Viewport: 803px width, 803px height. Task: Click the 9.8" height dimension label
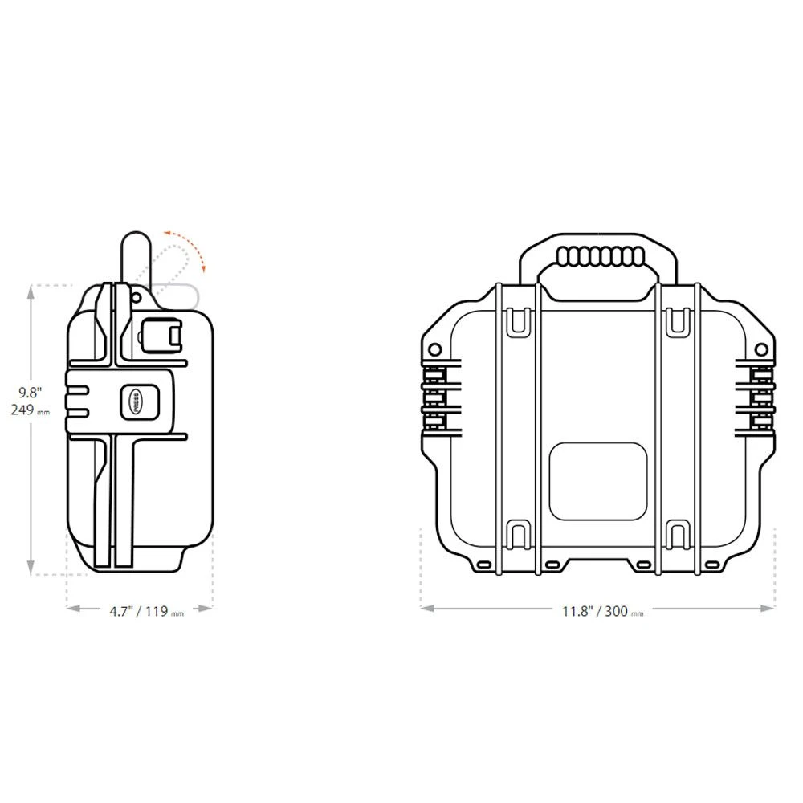click(x=31, y=393)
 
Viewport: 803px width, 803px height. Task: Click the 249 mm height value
click(x=32, y=410)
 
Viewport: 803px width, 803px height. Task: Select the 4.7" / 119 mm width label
click(x=147, y=611)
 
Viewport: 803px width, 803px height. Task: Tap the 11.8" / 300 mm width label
click(x=602, y=611)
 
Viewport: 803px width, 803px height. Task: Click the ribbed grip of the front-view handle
click(x=601, y=257)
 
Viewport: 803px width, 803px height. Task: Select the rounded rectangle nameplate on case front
click(x=597, y=479)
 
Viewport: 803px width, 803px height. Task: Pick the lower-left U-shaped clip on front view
click(x=519, y=534)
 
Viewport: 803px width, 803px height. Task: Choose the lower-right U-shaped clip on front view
click(x=679, y=534)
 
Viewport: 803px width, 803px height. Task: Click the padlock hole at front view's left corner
click(x=435, y=349)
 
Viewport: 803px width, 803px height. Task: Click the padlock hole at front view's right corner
click(x=762, y=349)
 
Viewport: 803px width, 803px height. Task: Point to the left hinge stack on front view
click(x=438, y=396)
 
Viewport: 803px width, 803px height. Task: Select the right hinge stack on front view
click(x=759, y=396)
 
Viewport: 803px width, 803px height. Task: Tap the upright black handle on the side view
click(x=132, y=257)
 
